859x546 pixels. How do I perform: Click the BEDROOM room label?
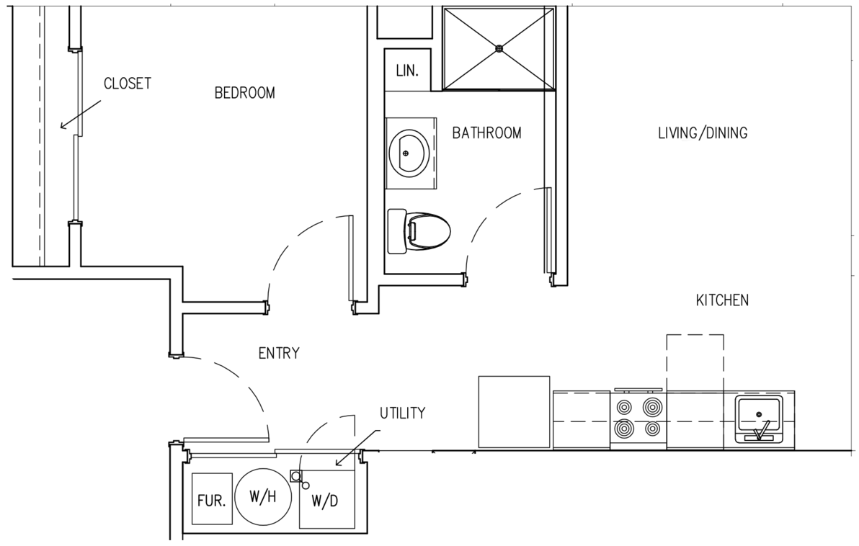click(x=244, y=93)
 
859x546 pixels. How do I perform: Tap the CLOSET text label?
click(x=128, y=84)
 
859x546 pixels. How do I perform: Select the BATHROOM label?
click(x=486, y=133)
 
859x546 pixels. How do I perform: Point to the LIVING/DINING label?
click(x=703, y=133)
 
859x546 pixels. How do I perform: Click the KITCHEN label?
click(x=722, y=300)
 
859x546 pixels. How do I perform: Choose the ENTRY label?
click(x=278, y=354)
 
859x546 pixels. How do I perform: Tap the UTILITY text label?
click(x=402, y=413)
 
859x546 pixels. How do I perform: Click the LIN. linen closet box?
click(x=407, y=71)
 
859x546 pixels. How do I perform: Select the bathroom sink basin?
click(x=409, y=153)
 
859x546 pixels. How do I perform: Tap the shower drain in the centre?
click(x=499, y=48)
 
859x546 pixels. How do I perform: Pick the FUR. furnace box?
click(x=212, y=499)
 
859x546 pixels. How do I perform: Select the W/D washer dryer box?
click(x=326, y=500)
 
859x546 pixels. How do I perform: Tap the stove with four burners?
click(x=638, y=419)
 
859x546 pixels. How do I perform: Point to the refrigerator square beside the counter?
click(x=514, y=411)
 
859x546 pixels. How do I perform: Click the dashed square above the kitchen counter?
click(x=695, y=363)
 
